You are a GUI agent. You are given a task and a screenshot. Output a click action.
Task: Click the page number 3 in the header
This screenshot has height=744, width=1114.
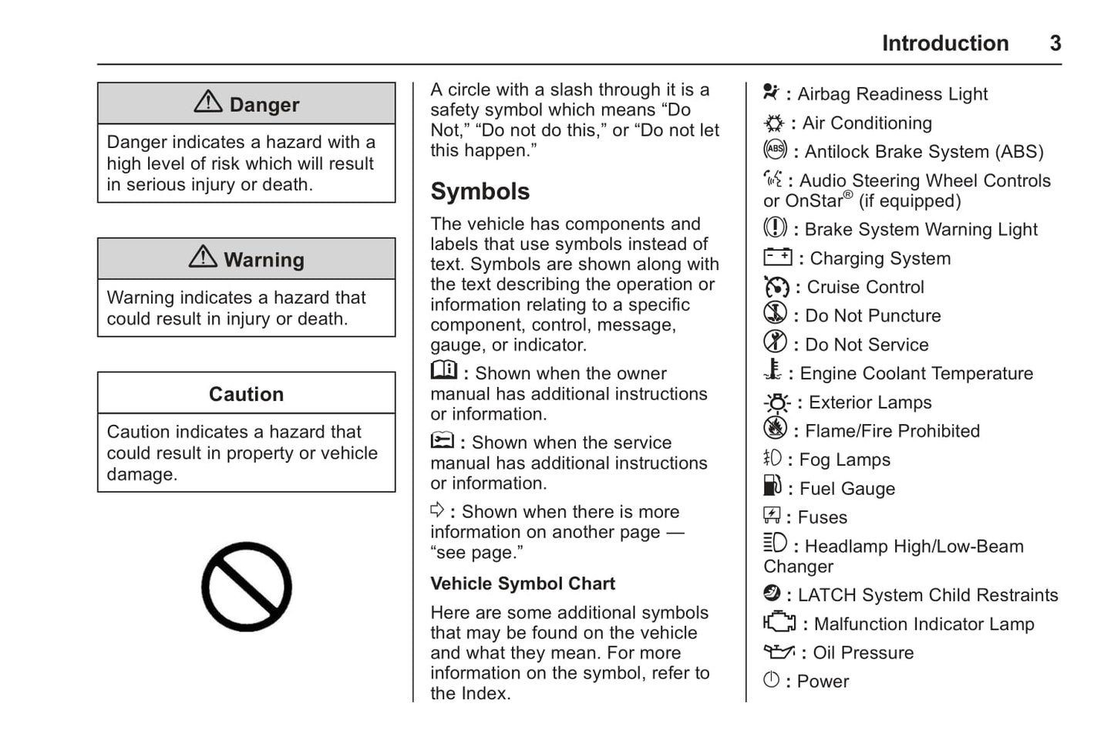[x=1055, y=43]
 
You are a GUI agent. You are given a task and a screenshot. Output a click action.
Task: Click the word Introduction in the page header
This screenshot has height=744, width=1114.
[x=944, y=43]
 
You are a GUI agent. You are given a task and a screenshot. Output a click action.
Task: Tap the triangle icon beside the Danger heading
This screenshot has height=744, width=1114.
[x=208, y=102]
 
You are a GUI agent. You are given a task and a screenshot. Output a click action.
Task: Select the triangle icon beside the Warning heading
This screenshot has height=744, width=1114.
[x=203, y=257]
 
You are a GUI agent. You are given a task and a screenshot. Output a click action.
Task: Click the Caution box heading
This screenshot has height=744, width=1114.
[x=246, y=394]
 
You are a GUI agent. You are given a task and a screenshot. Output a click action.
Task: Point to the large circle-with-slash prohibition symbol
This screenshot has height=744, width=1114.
[x=247, y=587]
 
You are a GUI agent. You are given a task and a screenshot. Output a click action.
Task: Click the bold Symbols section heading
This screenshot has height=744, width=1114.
[x=480, y=191]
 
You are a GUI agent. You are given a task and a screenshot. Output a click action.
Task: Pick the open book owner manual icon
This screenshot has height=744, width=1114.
[x=443, y=371]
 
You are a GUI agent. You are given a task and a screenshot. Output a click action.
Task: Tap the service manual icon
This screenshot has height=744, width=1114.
[x=443, y=441]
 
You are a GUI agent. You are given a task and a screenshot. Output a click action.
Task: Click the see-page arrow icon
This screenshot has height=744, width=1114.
[x=437, y=510]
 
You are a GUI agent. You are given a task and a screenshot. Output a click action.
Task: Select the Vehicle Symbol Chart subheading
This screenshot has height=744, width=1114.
[x=522, y=584]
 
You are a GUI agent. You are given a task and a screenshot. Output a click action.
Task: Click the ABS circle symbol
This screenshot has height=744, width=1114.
[x=775, y=150]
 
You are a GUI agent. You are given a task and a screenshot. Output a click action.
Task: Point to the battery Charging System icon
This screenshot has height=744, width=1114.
[x=777, y=257]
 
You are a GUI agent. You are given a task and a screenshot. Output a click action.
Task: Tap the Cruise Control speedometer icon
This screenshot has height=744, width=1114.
[x=776, y=287]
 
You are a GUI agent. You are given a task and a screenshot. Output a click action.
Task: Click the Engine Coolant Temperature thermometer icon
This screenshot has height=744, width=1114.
[x=772, y=371]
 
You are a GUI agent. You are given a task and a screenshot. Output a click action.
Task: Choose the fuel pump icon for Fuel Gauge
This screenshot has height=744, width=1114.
[x=772, y=486]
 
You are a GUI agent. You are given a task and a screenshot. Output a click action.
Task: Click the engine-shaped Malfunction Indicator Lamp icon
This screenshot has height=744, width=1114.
[x=779, y=622]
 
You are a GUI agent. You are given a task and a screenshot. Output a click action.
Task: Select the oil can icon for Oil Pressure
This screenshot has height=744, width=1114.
[x=779, y=651]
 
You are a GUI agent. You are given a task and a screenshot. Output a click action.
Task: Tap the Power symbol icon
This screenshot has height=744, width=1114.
[x=771, y=680]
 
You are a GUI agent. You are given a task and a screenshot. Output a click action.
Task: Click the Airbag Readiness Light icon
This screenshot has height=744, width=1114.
[x=771, y=93]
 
